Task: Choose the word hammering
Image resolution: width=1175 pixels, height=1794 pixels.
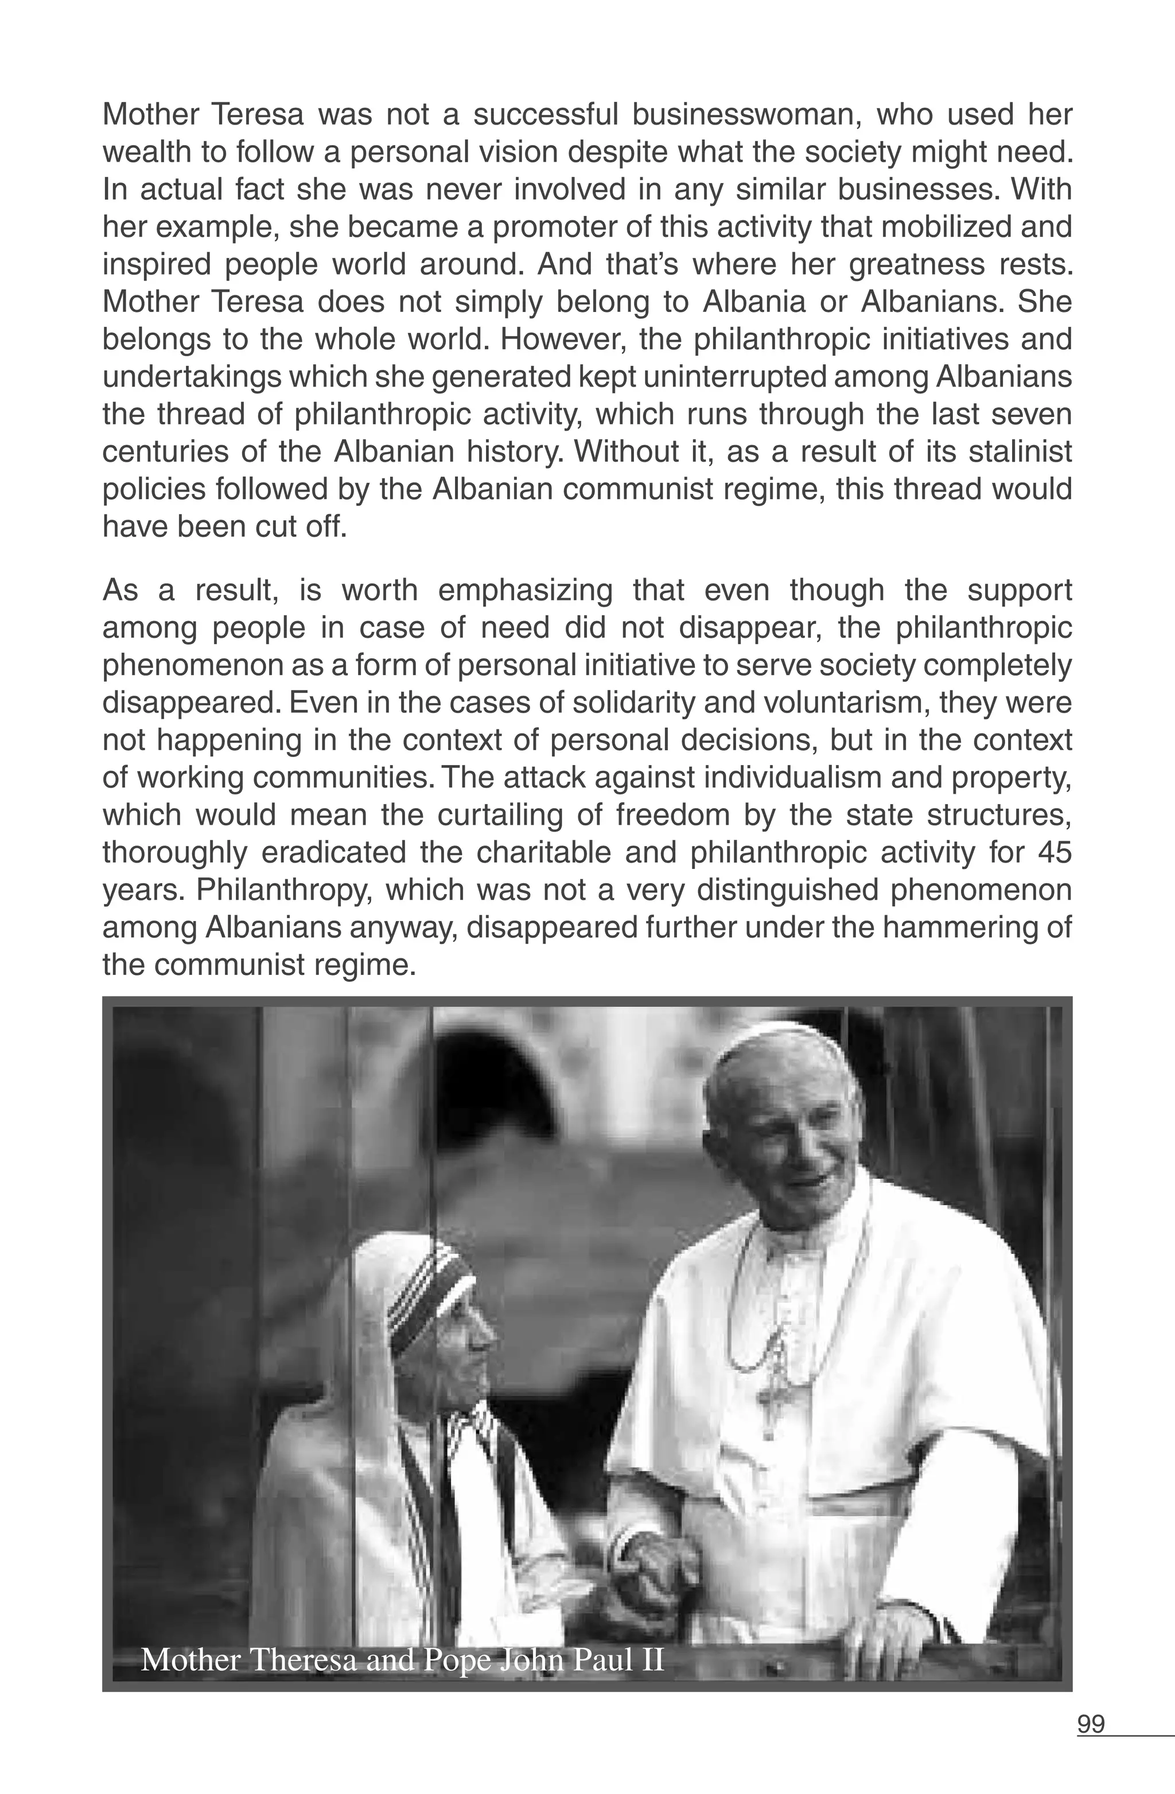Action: tap(974, 928)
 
